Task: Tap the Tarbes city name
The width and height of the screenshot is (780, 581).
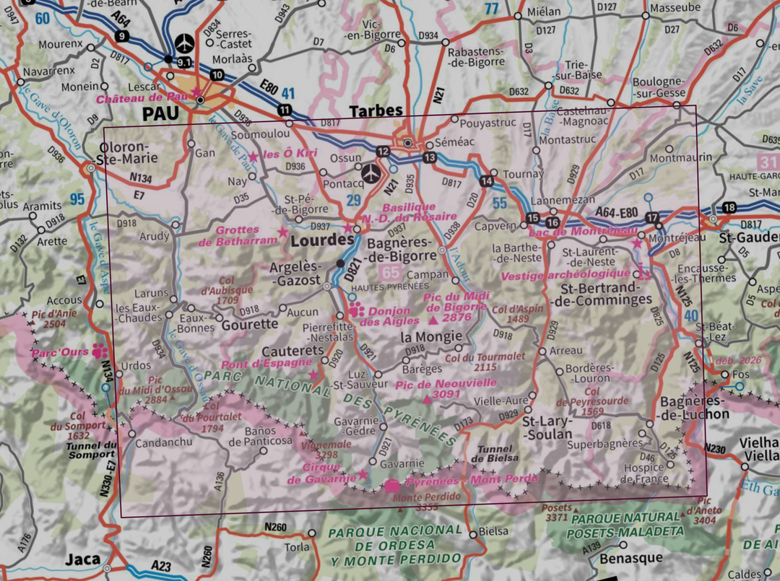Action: [x=376, y=110]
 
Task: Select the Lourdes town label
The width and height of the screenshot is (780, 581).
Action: [x=322, y=243]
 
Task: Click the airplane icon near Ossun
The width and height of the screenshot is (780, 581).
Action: [x=370, y=172]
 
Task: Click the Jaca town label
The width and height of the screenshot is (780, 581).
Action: [x=83, y=559]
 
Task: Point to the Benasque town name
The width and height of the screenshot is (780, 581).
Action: [x=631, y=558]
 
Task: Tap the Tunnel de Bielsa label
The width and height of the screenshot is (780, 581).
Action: [x=495, y=453]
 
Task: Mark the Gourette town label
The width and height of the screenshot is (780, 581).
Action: [x=249, y=324]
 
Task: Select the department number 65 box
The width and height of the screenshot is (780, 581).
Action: [x=391, y=273]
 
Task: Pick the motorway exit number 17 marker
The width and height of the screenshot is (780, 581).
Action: [x=653, y=218]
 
